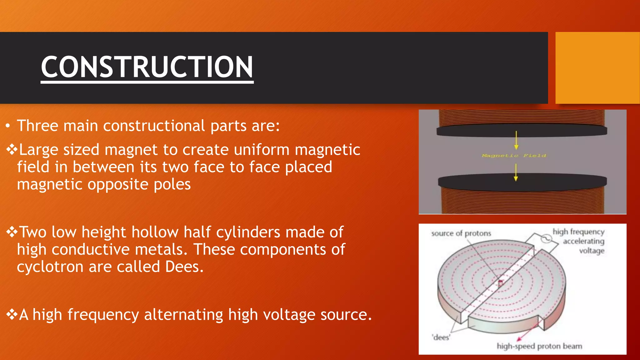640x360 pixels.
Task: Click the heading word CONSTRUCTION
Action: point(147,67)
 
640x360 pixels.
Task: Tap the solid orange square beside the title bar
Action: point(597,68)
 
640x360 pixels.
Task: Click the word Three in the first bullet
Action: point(37,126)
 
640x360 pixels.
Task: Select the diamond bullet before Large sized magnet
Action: point(12,149)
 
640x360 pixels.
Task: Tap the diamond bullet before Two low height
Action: point(12,232)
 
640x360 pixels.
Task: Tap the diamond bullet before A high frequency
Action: point(12,314)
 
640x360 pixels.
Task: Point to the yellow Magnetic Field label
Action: point(514,156)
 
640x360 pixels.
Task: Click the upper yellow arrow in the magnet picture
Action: point(516,141)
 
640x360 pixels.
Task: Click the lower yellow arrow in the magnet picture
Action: point(516,172)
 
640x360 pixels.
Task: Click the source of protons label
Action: point(461,233)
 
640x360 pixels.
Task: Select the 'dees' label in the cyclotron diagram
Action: point(441,337)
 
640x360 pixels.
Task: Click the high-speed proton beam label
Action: point(539,346)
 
